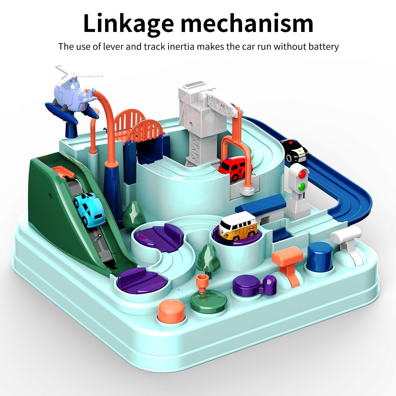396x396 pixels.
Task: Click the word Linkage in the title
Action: pyautogui.click(x=128, y=24)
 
